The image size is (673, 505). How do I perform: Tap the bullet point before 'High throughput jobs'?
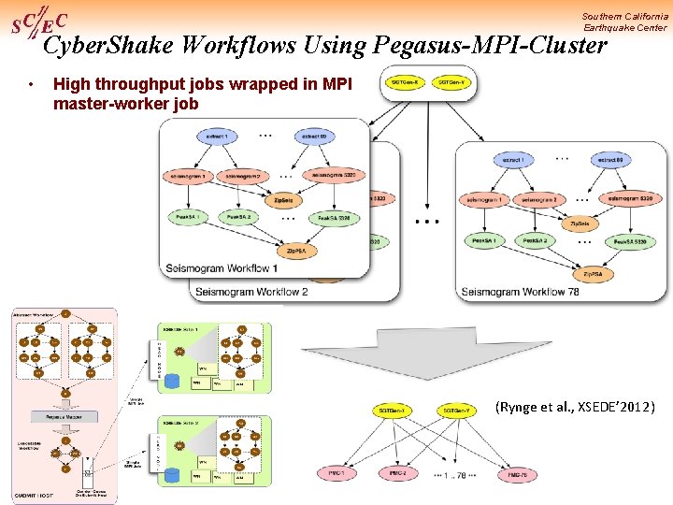point(32,85)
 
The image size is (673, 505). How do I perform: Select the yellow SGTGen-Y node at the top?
point(455,81)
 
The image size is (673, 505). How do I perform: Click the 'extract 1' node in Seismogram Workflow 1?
point(218,137)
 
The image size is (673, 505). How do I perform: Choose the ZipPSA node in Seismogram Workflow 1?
point(295,251)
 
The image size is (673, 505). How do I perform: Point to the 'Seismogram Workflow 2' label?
point(251,291)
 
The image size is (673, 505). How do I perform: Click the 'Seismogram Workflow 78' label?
point(520,292)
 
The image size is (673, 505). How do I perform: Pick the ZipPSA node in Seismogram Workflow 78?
point(593,274)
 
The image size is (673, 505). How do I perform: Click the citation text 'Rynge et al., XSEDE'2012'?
point(575,407)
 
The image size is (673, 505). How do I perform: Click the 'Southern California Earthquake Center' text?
point(624,22)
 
